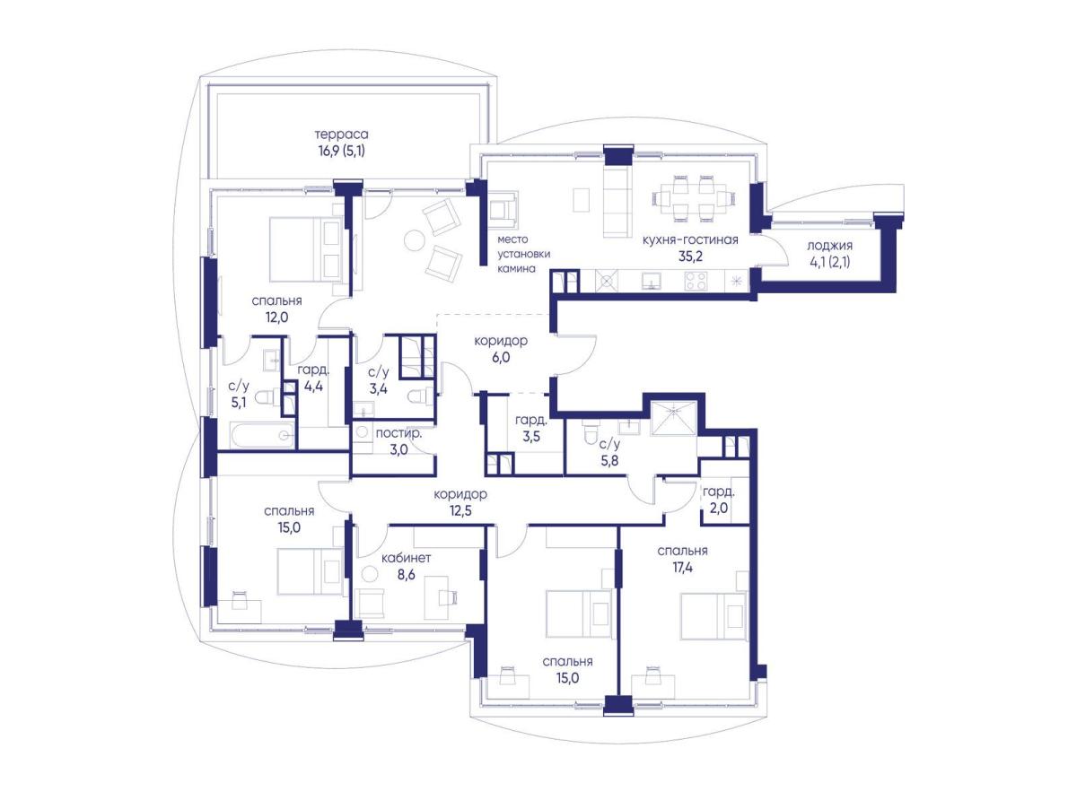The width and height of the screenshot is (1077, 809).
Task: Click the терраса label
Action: (341, 134)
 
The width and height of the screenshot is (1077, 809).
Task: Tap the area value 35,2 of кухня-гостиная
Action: (690, 257)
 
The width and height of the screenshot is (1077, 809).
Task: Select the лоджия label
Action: (829, 246)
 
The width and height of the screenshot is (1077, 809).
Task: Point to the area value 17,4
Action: (682, 568)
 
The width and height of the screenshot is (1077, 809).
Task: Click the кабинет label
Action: (407, 558)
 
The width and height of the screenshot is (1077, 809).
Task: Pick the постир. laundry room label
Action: (398, 433)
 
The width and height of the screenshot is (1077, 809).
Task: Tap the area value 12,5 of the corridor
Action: (460, 511)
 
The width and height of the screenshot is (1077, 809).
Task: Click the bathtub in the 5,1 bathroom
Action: (263, 435)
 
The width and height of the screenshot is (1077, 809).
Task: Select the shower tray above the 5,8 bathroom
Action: (673, 418)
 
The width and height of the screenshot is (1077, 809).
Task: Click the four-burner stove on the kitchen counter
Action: (695, 281)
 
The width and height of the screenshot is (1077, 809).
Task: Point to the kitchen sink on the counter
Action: (651, 281)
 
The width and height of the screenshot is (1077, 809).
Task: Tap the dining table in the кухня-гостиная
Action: (692, 197)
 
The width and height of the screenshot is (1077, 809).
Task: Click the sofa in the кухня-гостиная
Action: (616, 202)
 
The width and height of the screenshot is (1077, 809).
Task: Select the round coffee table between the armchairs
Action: (415, 240)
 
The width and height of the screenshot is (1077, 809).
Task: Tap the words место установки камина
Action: (523, 254)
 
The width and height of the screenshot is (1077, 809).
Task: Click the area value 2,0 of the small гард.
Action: (718, 508)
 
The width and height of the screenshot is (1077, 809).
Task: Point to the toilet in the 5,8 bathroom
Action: (590, 431)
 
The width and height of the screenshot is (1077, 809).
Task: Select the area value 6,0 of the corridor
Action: (501, 358)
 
